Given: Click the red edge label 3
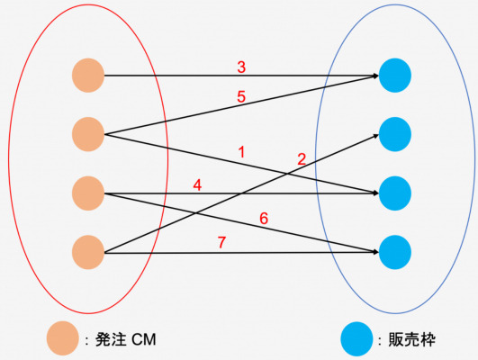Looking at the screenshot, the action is click(241, 67).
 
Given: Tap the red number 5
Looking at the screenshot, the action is click(241, 96).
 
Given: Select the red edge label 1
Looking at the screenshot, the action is click(242, 152).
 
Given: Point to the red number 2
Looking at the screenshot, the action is click(302, 159).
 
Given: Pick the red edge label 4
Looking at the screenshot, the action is click(197, 185).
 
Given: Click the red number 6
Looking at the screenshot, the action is click(264, 219).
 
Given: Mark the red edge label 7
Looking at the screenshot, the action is click(222, 242).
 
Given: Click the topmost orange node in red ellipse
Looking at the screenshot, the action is click(88, 76).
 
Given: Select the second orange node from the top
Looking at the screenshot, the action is click(88, 134).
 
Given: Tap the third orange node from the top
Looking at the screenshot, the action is click(88, 193).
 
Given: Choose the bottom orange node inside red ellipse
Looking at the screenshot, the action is click(88, 252).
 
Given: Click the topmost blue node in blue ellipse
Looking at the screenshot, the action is click(395, 76).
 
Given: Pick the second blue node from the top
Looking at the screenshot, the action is click(395, 134).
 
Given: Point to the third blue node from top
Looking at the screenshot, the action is click(395, 193).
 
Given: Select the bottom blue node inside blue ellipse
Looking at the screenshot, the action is click(395, 252).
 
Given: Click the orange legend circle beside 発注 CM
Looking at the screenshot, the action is click(62, 338).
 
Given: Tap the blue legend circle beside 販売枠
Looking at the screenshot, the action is click(356, 339).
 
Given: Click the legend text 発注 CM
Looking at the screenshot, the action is click(126, 339).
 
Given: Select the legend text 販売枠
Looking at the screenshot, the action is click(412, 339).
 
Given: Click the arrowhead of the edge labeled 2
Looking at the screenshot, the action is click(376, 136).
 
